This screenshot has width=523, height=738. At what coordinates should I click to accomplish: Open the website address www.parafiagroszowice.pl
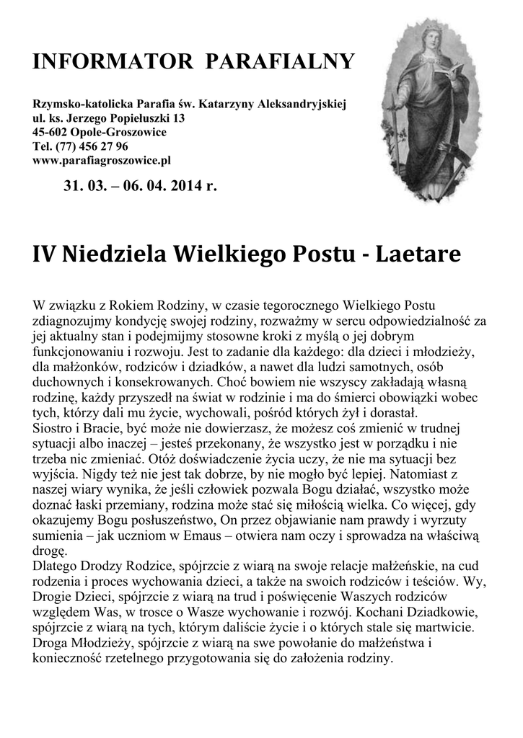102,160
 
